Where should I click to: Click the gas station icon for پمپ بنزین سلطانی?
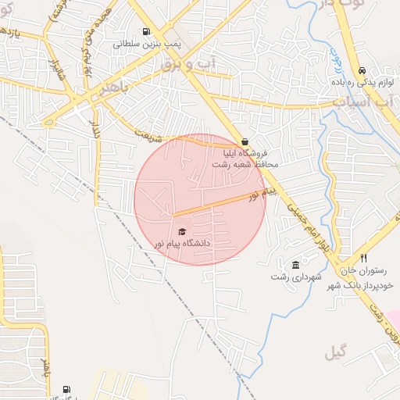[146, 31]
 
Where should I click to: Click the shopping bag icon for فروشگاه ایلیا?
[246, 141]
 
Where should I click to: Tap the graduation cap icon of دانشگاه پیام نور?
[183, 231]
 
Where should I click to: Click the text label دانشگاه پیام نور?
[183, 244]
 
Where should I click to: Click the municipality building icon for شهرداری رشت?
[295, 265]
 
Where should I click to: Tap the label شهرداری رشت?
[291, 277]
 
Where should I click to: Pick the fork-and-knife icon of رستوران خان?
[363, 258]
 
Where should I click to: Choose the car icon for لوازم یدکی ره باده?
[362, 69]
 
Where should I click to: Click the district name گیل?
[335, 353]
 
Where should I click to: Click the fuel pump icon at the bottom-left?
[66, 389]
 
